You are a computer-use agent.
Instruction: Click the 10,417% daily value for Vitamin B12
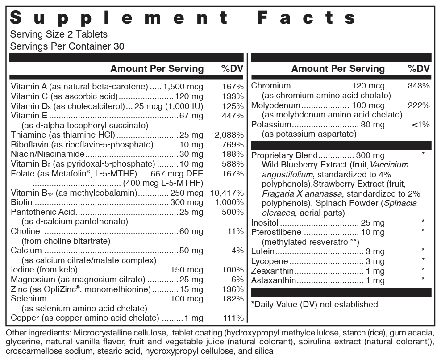[x=227, y=193]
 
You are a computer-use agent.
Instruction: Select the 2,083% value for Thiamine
[x=229, y=134]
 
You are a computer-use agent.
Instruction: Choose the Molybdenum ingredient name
[x=276, y=105]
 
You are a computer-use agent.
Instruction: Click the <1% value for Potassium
[x=420, y=125]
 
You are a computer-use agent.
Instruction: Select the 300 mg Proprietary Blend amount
[x=370, y=155]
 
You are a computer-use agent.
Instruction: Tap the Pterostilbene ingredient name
[x=276, y=232]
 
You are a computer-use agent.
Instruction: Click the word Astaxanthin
[x=274, y=280]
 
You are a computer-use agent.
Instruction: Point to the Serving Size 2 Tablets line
[x=58, y=34]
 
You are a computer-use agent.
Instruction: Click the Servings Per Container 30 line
[x=67, y=46]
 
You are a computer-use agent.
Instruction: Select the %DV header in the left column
[x=232, y=68]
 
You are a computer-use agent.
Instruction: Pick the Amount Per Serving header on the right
[x=338, y=68]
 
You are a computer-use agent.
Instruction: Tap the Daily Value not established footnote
[x=315, y=304]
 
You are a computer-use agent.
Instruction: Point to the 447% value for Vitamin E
[x=233, y=116]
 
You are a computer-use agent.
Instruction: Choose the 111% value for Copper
[x=233, y=318]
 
